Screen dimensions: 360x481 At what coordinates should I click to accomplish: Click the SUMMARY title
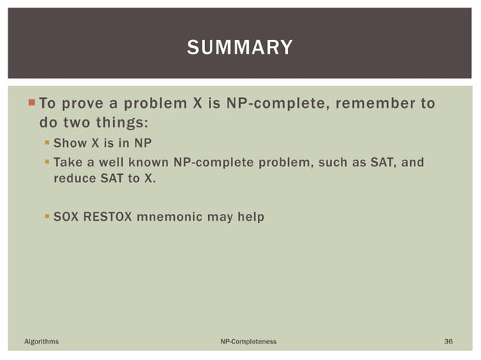tap(240, 48)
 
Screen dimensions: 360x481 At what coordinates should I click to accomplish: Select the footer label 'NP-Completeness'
tap(248, 342)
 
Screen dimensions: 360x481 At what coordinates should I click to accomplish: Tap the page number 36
tap(449, 342)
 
